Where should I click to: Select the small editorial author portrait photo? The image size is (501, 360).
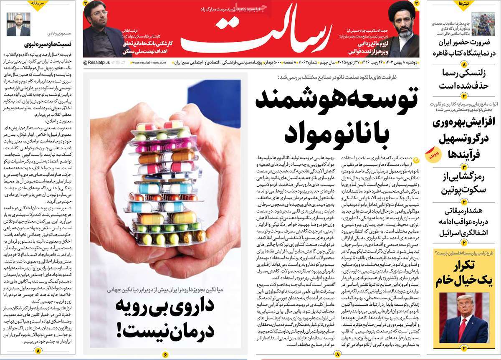tap(18, 24)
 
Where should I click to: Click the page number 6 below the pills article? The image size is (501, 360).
tap(165, 354)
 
